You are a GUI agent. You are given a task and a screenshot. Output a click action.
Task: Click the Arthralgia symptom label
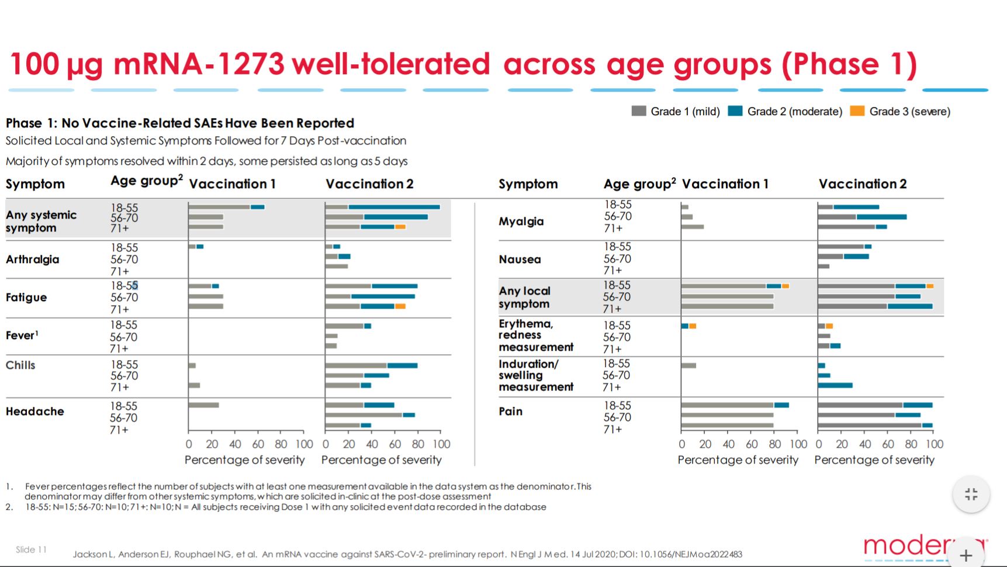click(x=32, y=260)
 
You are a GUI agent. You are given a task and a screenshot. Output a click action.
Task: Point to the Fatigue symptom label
click(x=26, y=298)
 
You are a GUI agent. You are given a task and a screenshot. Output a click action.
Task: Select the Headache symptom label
click(x=35, y=412)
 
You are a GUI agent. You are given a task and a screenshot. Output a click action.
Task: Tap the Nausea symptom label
click(x=520, y=260)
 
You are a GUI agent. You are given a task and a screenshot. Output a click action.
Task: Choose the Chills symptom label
click(x=20, y=365)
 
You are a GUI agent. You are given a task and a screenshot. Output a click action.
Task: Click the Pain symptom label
click(x=510, y=412)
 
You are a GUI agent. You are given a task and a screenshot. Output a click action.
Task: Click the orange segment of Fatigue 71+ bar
click(x=400, y=306)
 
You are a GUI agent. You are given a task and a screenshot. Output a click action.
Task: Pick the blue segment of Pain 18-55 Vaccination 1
click(x=781, y=405)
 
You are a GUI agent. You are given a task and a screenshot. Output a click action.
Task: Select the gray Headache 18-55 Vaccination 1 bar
click(x=203, y=405)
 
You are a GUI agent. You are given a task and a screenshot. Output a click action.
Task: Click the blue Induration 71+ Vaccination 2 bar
click(x=835, y=385)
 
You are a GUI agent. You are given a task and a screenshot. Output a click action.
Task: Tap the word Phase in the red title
click(x=830, y=64)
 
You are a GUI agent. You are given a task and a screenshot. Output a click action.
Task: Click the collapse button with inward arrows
click(x=971, y=495)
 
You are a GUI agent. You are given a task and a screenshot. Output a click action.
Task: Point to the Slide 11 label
click(x=31, y=549)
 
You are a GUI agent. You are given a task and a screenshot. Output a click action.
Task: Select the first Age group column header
click(x=146, y=182)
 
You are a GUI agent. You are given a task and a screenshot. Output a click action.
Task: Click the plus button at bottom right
click(x=966, y=555)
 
